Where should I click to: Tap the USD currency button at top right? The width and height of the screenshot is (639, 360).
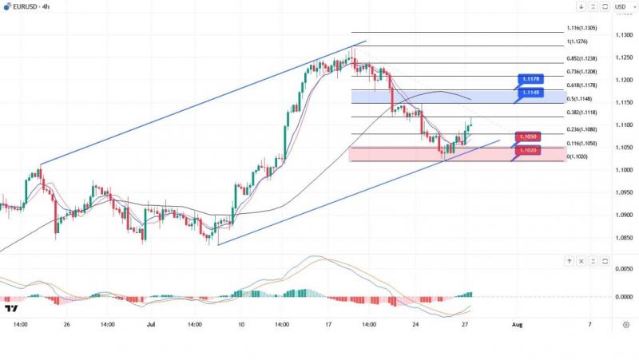click(621, 7)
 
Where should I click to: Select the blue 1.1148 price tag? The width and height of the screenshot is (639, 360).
click(532, 93)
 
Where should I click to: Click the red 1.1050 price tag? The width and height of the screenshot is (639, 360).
click(526, 137)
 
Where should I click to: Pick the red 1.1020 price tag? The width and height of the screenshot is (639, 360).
click(526, 150)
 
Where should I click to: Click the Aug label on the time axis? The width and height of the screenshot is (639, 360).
click(517, 326)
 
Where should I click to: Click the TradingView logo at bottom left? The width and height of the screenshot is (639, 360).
click(11, 309)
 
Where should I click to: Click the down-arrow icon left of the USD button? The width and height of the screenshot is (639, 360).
click(581, 7)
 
